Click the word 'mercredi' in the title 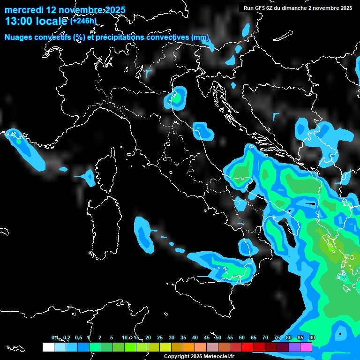23,10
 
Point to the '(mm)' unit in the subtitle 200,37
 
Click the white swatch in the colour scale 48,347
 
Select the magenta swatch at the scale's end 306,347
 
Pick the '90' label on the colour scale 312,338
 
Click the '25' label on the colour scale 159,338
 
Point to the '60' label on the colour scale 242,338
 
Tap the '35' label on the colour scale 183,338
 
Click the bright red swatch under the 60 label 247,347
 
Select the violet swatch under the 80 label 294,347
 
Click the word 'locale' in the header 52,21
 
